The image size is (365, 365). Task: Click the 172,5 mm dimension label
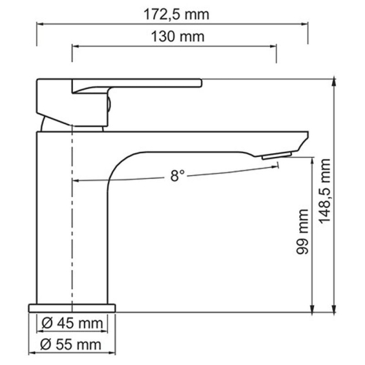click(x=174, y=12)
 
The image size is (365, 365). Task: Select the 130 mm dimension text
click(x=174, y=36)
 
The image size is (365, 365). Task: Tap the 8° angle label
click(x=177, y=175)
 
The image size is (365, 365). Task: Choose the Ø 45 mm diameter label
click(x=72, y=322)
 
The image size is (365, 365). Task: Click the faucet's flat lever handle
click(x=135, y=84)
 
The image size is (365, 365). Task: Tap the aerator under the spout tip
click(x=277, y=155)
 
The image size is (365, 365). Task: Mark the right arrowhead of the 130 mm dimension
click(x=274, y=47)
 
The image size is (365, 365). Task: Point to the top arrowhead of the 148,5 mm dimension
click(x=334, y=81)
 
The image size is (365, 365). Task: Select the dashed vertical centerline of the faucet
click(x=72, y=219)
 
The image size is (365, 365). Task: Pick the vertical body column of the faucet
click(x=55, y=219)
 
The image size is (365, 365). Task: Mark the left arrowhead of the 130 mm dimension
click(x=75, y=47)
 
